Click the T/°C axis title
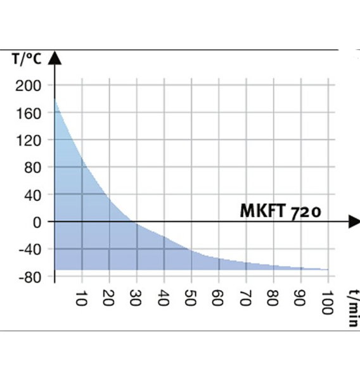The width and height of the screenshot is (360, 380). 27,59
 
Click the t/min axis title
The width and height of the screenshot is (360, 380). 354,308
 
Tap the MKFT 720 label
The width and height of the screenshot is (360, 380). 280,212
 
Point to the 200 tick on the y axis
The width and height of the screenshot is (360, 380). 28,85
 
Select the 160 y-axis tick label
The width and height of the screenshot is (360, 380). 29,113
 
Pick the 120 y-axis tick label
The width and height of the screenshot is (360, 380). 29,141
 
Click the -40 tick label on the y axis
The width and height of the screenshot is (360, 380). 30,250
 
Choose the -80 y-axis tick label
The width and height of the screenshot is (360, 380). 30,277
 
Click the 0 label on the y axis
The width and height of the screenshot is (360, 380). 37,222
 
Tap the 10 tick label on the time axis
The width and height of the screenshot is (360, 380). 82,298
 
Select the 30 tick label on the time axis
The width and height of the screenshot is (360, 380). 136,298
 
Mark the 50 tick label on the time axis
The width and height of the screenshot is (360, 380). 190,298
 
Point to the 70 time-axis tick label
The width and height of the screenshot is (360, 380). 245,298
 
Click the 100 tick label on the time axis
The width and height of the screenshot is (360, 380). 328,303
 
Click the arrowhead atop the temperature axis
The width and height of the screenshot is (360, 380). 55,58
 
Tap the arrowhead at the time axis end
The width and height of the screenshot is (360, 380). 354,221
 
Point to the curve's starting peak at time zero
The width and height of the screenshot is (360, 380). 55,99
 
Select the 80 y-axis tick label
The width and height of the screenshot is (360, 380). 32,168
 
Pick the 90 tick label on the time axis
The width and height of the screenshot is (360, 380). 300,298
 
